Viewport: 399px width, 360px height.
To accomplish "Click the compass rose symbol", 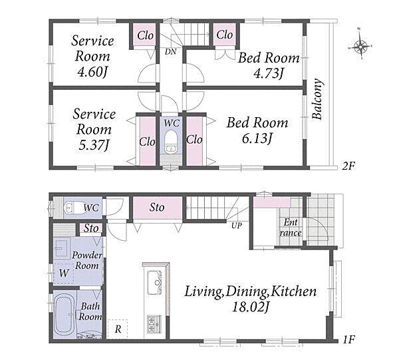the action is pyautogui.click(x=360, y=47).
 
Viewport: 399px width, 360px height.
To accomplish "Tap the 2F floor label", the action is pyautogui.click(x=348, y=166).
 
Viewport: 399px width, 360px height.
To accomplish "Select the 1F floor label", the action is pyautogui.click(x=348, y=339).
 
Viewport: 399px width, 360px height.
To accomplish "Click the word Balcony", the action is pyautogui.click(x=318, y=99).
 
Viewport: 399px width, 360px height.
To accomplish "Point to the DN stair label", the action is pyautogui.click(x=170, y=52).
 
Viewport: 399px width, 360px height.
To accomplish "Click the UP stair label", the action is pyautogui.click(x=236, y=226).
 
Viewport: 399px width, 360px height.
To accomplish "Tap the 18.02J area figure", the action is pyautogui.click(x=251, y=307).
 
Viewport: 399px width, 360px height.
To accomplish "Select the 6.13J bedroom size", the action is pyautogui.click(x=257, y=139).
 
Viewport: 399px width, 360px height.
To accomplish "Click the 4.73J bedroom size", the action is pyautogui.click(x=269, y=74).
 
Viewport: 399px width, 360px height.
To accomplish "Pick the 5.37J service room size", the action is pyautogui.click(x=94, y=145).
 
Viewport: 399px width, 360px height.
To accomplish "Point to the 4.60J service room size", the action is pyautogui.click(x=92, y=73).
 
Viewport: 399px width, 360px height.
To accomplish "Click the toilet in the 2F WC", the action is pyautogui.click(x=171, y=142).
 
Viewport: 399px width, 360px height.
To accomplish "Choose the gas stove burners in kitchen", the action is pyautogui.click(x=154, y=324).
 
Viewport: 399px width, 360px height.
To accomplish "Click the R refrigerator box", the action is pyautogui.click(x=118, y=329).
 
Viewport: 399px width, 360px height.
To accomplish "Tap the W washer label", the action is pyautogui.click(x=64, y=273).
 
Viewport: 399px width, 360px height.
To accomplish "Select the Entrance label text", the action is pyautogui.click(x=291, y=228).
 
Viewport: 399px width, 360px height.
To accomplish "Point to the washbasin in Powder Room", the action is pyautogui.click(x=61, y=248).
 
